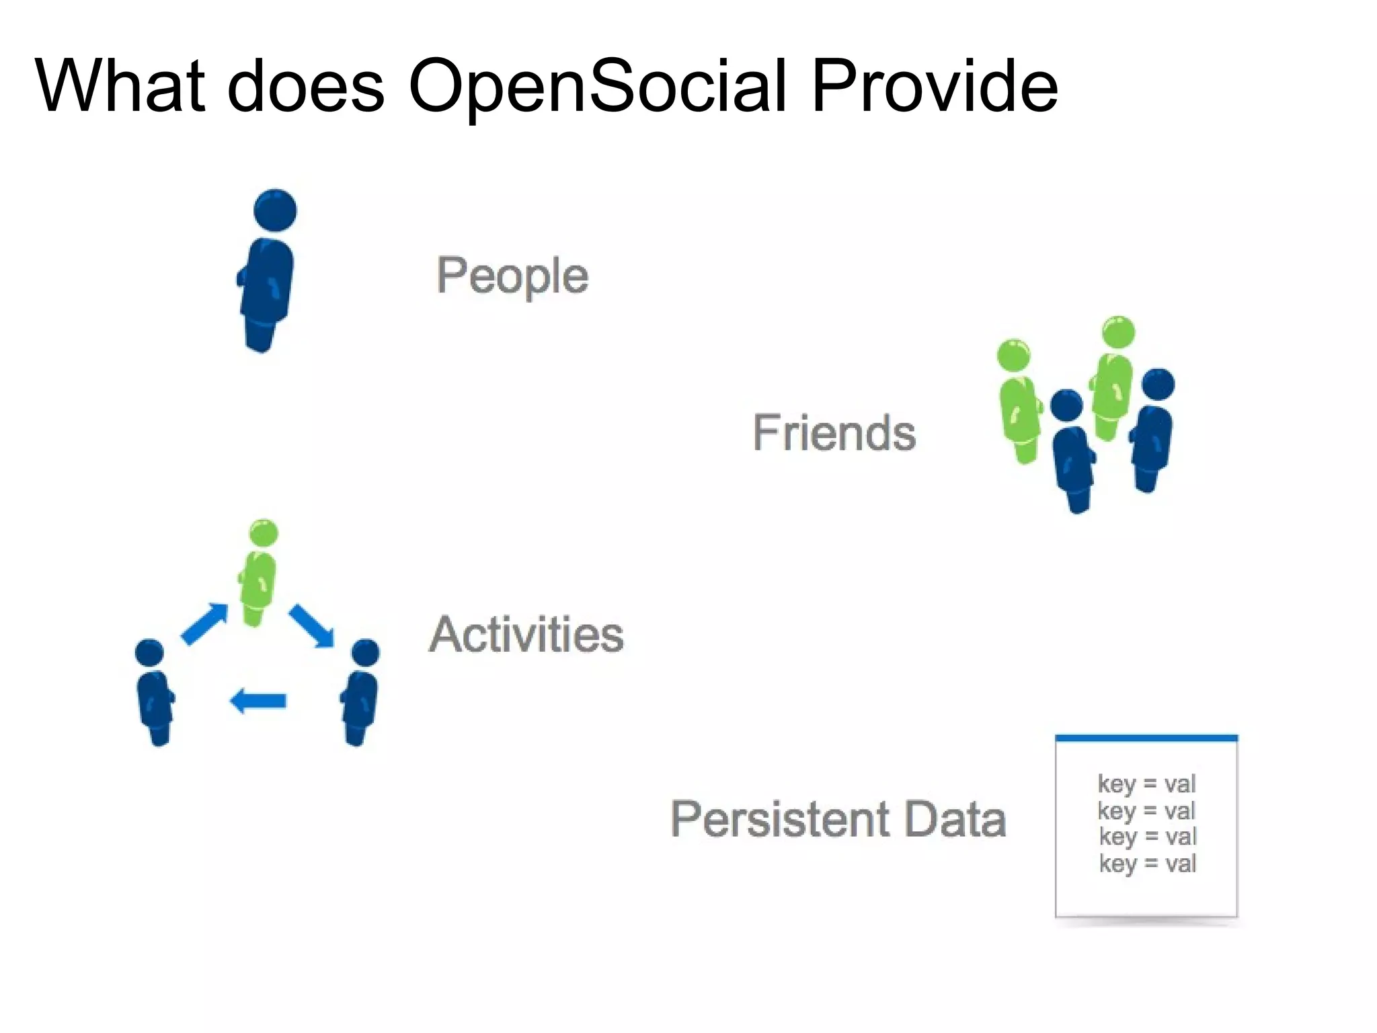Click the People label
[512, 276]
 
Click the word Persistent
[780, 819]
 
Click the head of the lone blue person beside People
[275, 209]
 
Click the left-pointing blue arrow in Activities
[258, 701]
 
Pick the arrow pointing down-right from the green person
[312, 625]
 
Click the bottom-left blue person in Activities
[155, 693]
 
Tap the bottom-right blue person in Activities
[360, 693]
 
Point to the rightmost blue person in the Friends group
[1152, 430]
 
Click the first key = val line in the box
[1146, 783]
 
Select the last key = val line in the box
[1147, 863]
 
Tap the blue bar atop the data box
[1146, 738]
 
